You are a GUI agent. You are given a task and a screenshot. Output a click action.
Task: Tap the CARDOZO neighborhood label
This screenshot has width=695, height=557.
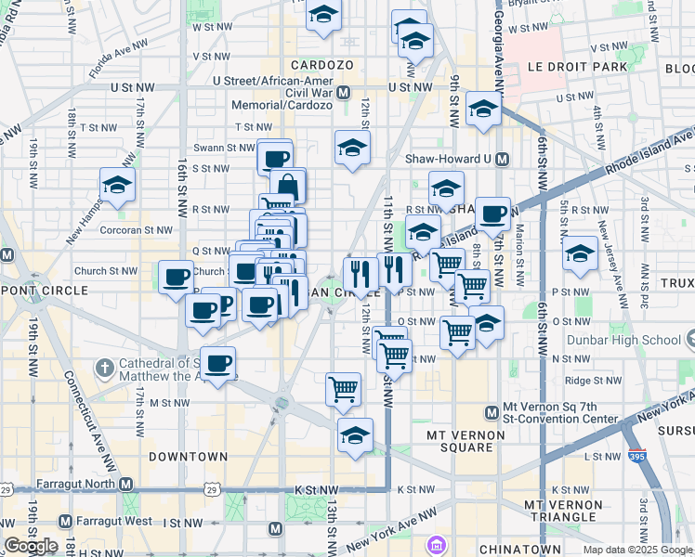click(x=322, y=65)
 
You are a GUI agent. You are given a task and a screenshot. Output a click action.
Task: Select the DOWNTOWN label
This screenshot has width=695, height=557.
click(x=189, y=457)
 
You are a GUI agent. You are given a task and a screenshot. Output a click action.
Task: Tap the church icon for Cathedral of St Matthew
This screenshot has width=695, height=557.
click(x=103, y=369)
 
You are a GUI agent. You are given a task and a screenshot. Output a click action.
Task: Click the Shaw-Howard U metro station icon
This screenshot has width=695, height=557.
click(x=503, y=159)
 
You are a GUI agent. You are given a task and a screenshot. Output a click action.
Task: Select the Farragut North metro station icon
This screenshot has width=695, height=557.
click(x=125, y=485)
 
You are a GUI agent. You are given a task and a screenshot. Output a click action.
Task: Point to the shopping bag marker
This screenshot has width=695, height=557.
click(x=288, y=186)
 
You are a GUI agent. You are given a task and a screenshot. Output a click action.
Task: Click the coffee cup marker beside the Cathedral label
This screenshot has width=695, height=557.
click(x=218, y=362)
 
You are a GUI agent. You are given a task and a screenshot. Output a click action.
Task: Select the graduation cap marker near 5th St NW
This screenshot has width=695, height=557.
click(x=581, y=253)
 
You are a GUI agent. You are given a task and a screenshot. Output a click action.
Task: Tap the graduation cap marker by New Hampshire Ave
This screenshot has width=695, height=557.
click(x=117, y=185)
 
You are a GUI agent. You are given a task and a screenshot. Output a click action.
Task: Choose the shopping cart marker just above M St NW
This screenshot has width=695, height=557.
click(x=343, y=388)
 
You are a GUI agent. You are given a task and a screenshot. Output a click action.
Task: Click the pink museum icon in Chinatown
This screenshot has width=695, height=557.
click(x=436, y=544)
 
